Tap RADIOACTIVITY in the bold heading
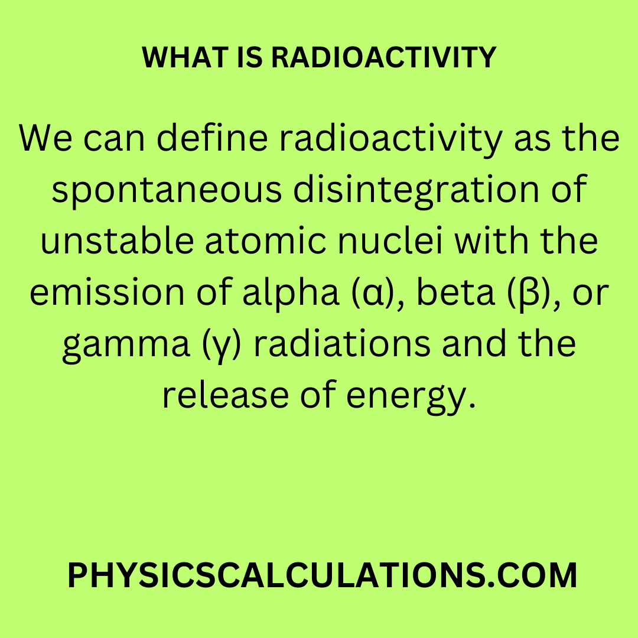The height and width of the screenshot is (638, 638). tap(384, 57)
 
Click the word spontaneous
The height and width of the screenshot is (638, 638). tap(167, 191)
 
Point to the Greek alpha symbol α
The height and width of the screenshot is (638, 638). tap(373, 294)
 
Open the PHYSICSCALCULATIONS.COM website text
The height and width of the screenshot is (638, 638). tap(323, 575)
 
